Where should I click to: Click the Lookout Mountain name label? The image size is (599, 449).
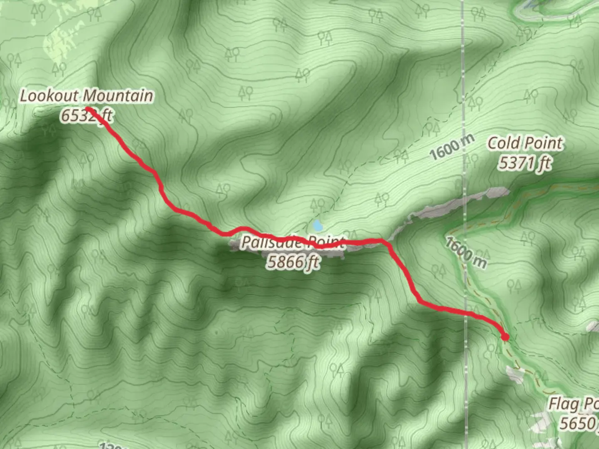pos(87,96)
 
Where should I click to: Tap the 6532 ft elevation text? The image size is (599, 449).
pos(87,115)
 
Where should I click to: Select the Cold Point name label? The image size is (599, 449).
pos(525,143)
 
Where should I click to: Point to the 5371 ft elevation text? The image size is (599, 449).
pos(525,163)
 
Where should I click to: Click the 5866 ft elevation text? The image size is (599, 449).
pos(294,262)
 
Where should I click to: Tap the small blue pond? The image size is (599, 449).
pos(318,226)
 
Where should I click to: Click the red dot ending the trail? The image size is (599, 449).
pos(505,337)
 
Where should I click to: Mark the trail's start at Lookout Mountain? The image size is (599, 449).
pos(88,109)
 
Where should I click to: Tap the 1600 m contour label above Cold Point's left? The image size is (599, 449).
pos(451,148)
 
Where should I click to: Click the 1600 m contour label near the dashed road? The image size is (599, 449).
pos(465,252)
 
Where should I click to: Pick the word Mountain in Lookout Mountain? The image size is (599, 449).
pos(118,96)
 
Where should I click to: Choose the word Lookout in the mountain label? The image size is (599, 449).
pos(49,96)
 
